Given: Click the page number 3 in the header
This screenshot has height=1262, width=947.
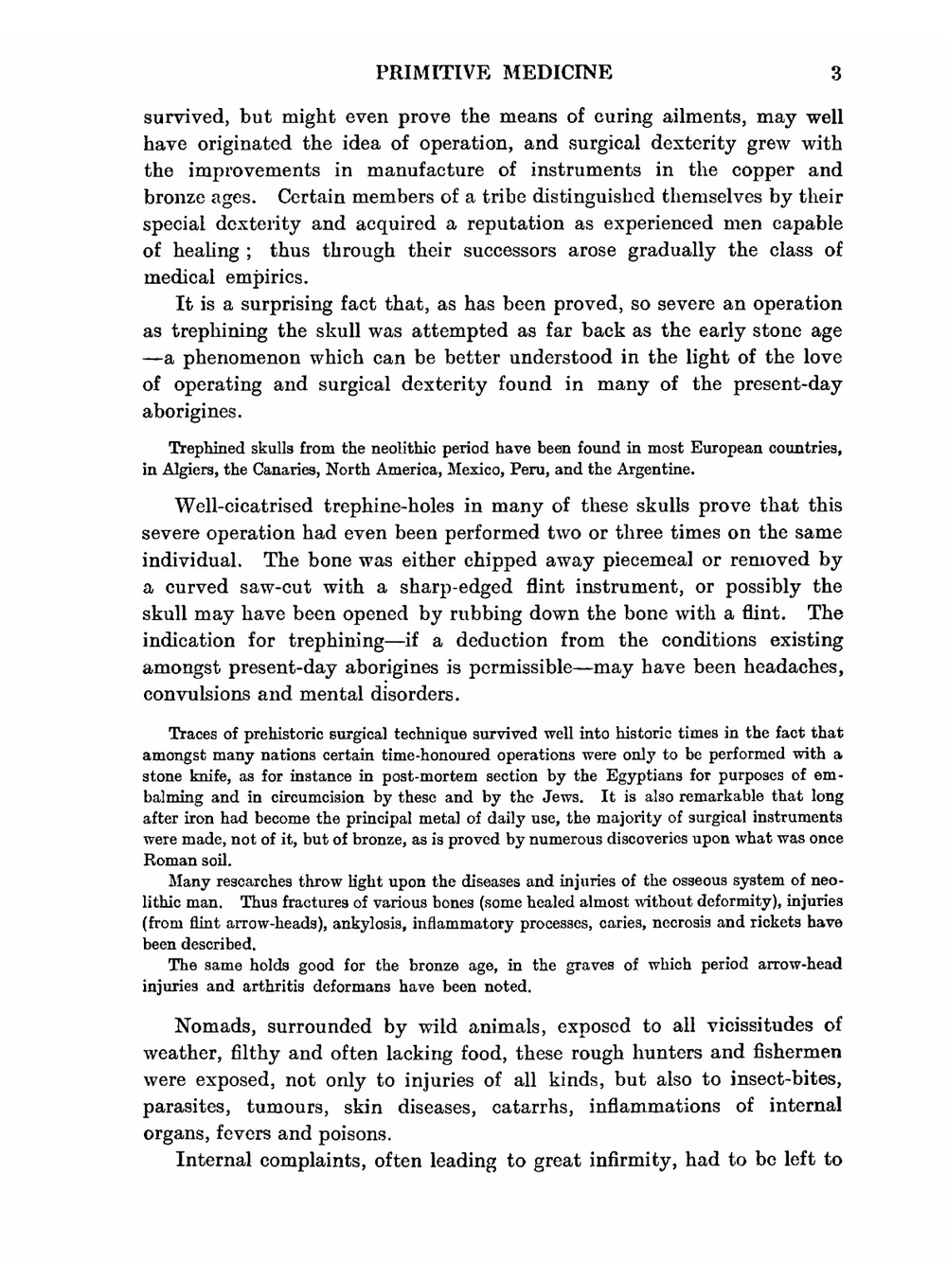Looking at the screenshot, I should [x=834, y=73].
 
